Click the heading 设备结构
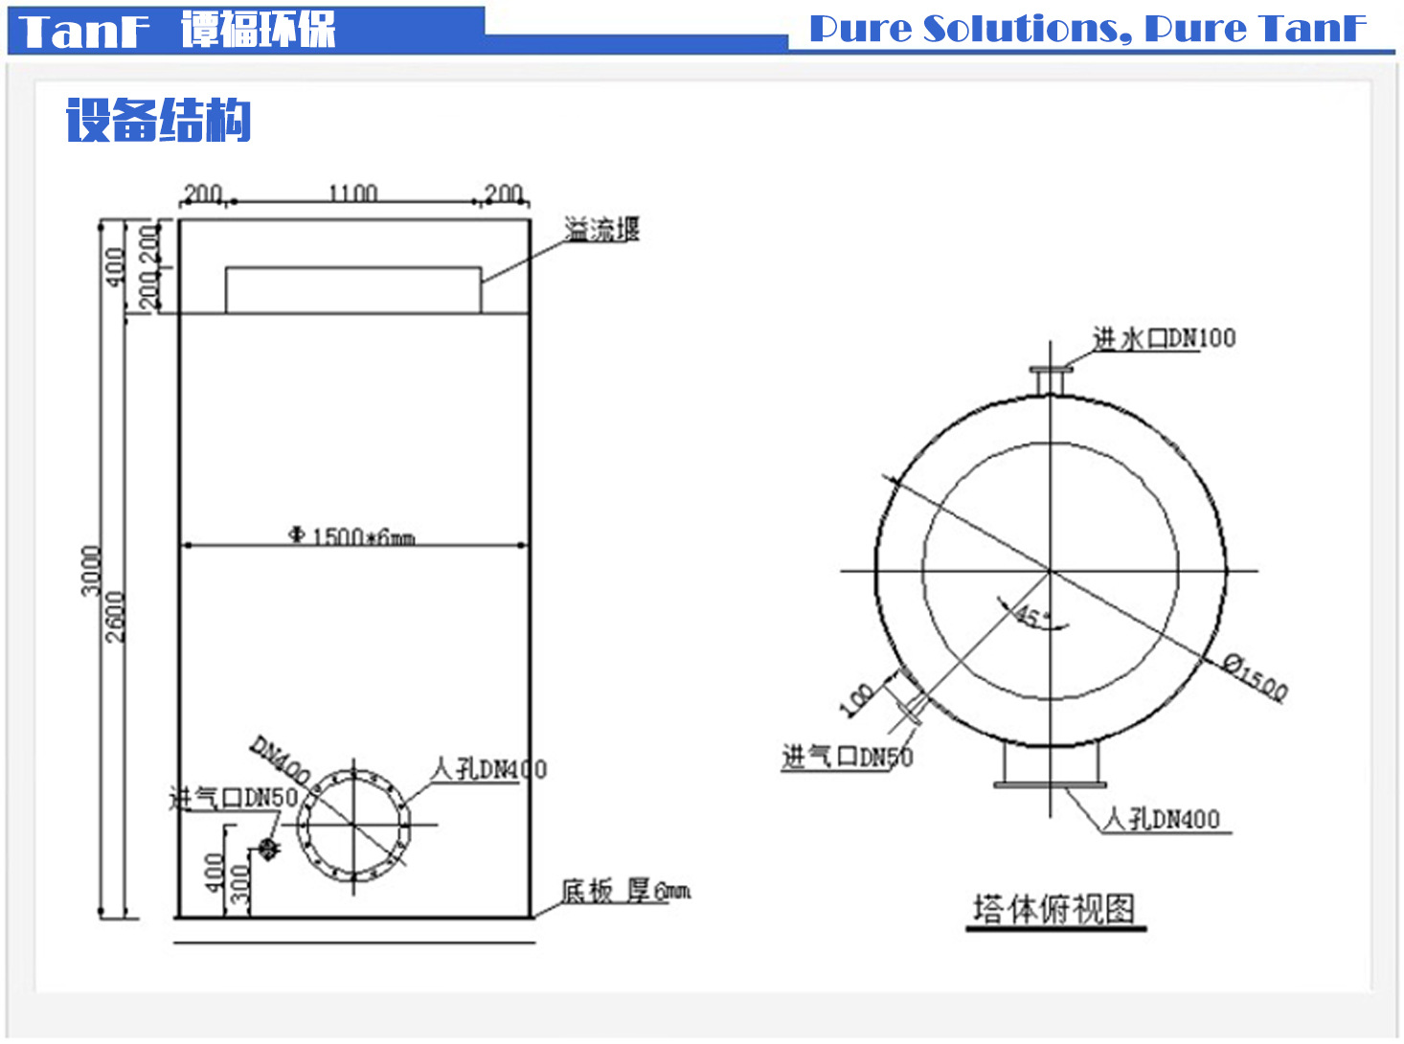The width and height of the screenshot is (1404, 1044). tap(158, 121)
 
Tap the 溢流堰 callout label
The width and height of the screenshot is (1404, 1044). tap(601, 230)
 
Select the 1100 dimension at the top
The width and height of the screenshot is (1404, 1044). tap(352, 193)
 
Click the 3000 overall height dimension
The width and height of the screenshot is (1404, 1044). tap(91, 570)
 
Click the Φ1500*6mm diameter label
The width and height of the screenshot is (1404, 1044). tap(352, 535)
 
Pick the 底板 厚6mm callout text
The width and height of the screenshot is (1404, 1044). tap(624, 892)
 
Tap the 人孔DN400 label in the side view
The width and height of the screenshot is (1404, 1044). tap(488, 769)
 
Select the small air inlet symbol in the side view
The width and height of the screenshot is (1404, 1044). tap(268, 848)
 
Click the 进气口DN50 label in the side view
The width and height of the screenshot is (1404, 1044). tap(234, 798)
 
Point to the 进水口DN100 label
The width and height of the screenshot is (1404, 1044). tap(1164, 338)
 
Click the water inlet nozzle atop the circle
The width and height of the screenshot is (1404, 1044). tap(1051, 378)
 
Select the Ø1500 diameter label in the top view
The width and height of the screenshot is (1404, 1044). tap(1256, 676)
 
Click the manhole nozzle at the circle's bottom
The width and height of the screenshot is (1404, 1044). tap(1050, 766)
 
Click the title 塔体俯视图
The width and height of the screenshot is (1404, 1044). tap(1053, 908)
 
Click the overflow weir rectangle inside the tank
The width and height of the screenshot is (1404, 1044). tap(353, 290)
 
